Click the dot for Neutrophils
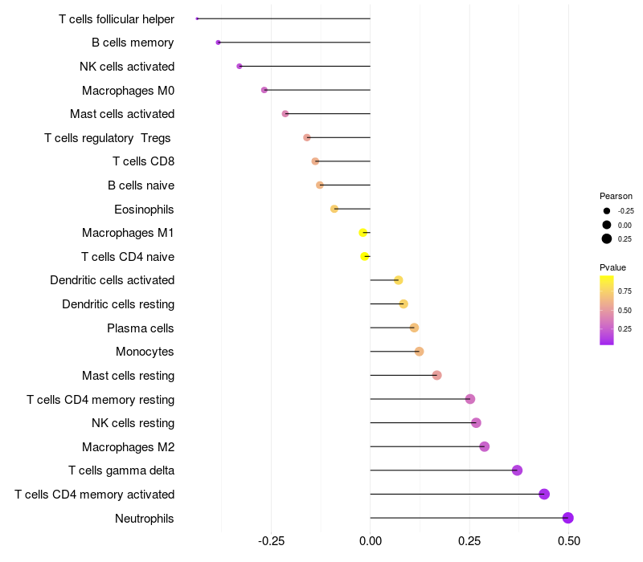[568, 518]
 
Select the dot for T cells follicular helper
[197, 18]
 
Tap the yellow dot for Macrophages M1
[363, 233]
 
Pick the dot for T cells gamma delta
[517, 470]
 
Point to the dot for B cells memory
[218, 43]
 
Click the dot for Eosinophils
[334, 209]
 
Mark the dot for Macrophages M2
[484, 446]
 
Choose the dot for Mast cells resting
[436, 375]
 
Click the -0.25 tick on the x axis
[271, 543]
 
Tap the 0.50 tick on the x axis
[569, 543]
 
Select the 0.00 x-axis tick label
[370, 543]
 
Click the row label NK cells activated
[127, 67]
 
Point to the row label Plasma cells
[141, 328]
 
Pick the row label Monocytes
[145, 352]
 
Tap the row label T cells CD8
[143, 161]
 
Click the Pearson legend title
[616, 196]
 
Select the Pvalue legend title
[612, 267]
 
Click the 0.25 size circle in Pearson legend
[607, 238]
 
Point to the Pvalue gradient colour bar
[607, 310]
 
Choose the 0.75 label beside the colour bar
[625, 291]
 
